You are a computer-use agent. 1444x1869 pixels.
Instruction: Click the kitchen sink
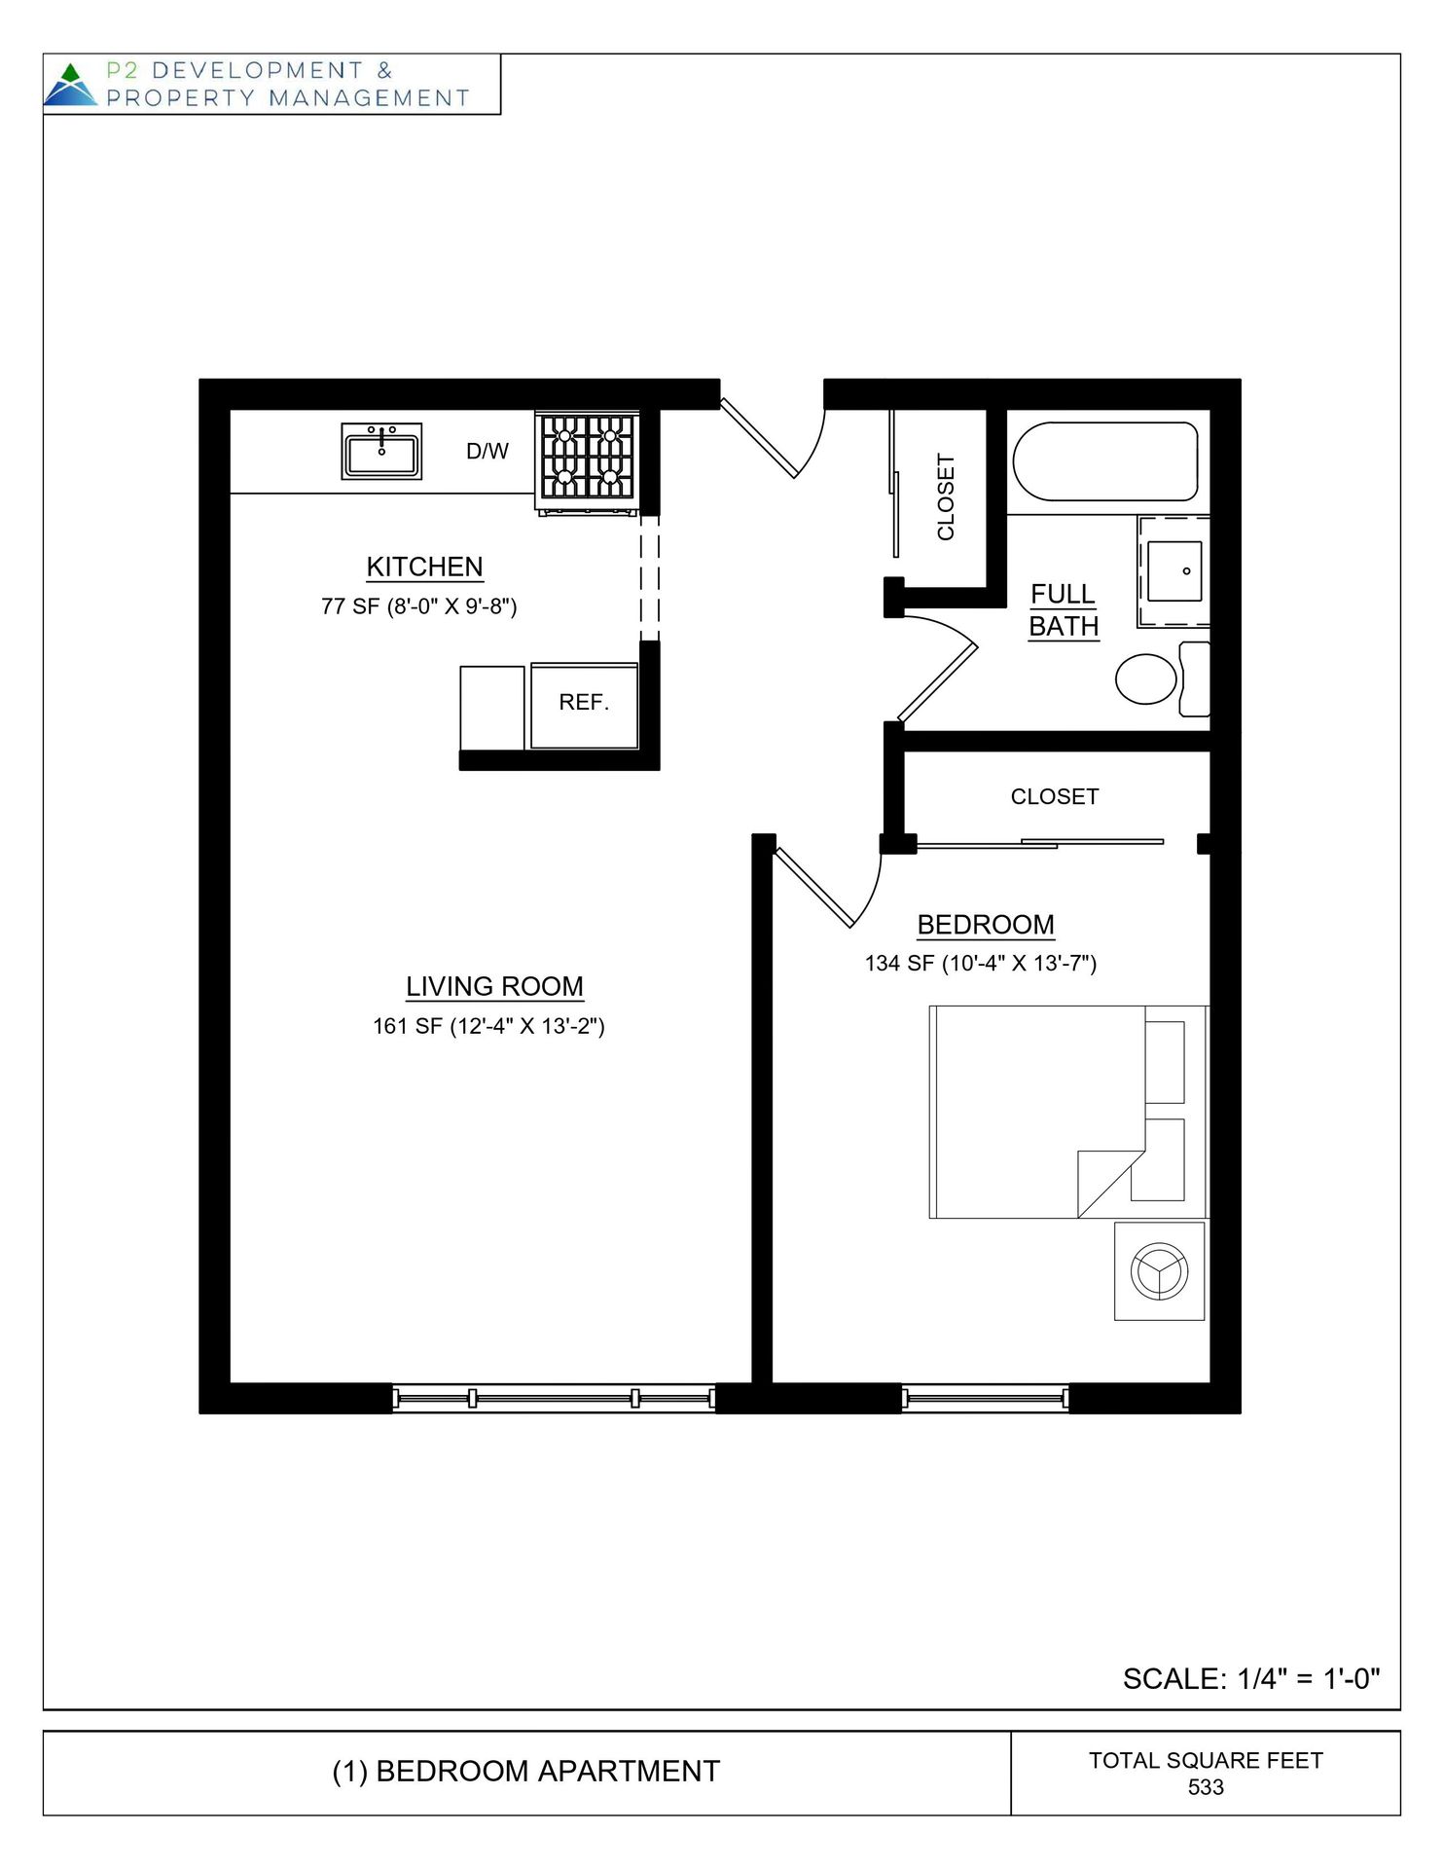click(381, 452)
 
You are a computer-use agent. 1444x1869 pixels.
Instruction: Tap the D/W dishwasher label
click(487, 452)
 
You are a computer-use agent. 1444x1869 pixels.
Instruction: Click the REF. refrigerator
click(584, 704)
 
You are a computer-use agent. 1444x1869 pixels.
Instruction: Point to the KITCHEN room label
click(424, 567)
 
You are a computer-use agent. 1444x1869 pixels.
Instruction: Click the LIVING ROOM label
click(494, 986)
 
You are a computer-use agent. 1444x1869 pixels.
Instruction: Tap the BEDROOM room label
click(986, 925)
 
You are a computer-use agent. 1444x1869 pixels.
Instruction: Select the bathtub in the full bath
click(1105, 461)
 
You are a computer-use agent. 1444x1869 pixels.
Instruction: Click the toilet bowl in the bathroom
click(1146, 678)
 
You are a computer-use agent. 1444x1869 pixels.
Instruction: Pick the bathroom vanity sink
click(1173, 571)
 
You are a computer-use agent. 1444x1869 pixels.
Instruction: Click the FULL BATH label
click(1064, 610)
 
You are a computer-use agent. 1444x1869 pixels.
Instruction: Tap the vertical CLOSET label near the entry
click(946, 496)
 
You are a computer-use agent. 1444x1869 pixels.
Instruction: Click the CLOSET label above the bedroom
click(1055, 797)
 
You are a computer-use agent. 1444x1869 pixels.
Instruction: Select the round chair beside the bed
click(1160, 1270)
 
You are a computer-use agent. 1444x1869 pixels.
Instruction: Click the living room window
click(554, 1399)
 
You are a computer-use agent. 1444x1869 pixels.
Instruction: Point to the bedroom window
click(985, 1399)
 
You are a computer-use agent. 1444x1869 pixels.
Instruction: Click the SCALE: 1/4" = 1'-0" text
click(1251, 1679)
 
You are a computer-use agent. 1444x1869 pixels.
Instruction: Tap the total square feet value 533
click(1206, 1787)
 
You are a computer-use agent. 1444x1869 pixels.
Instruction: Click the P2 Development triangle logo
click(70, 85)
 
